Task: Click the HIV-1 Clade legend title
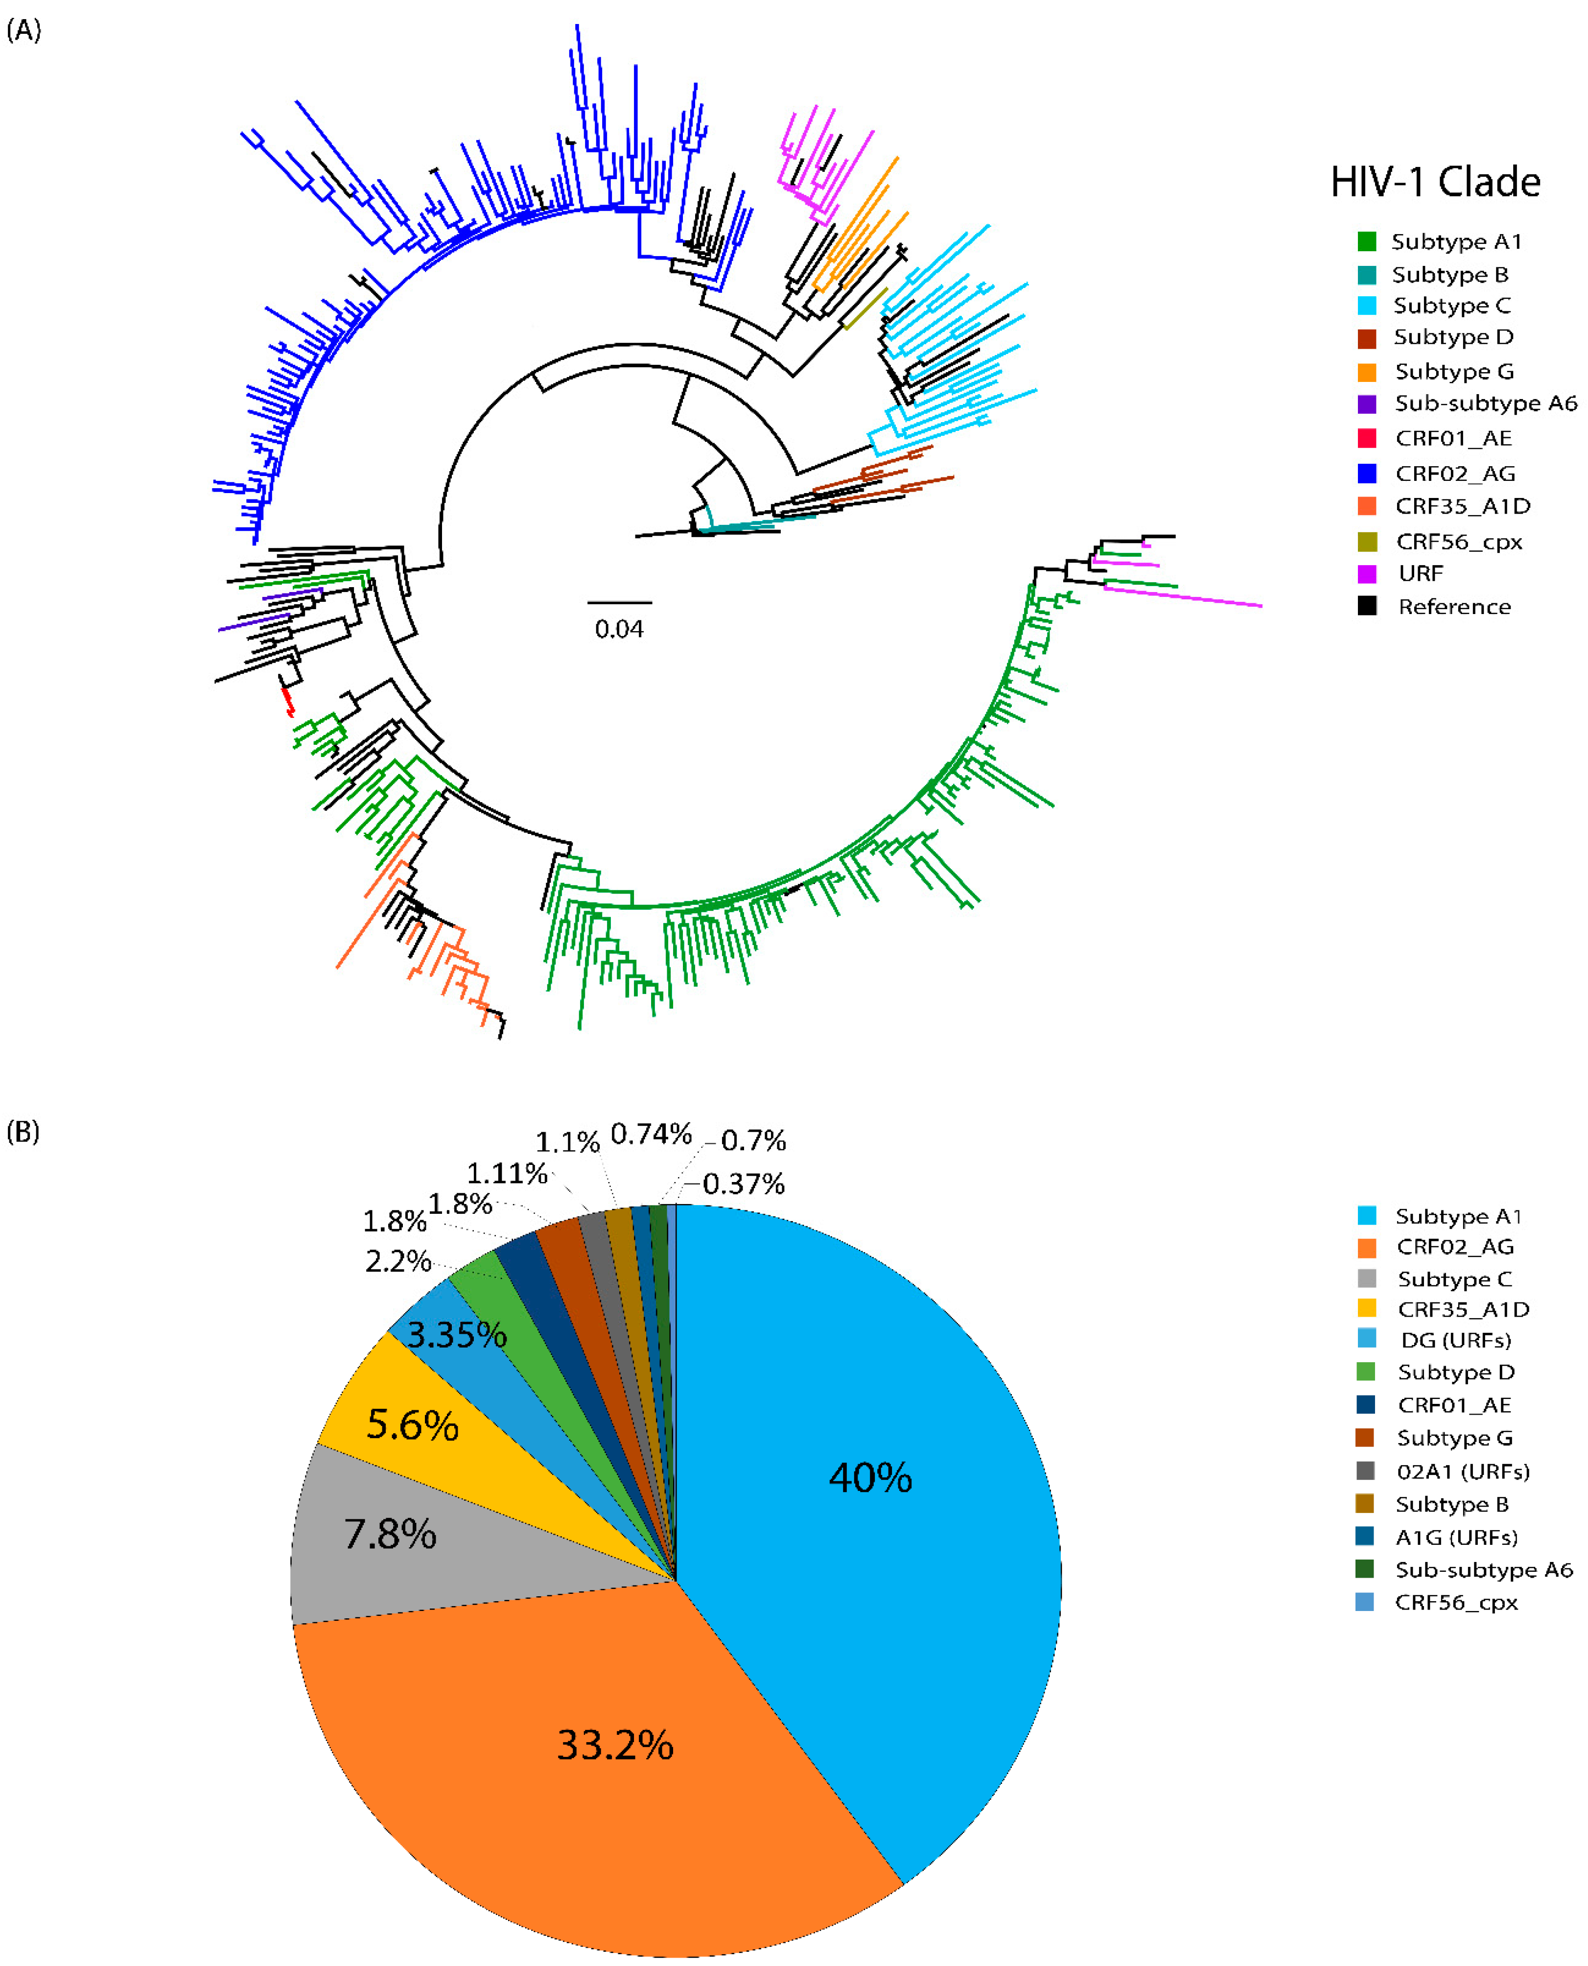(x=1434, y=182)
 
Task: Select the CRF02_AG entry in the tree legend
(x=1454, y=473)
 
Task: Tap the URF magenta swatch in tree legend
(x=1367, y=573)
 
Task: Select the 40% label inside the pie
(x=870, y=1477)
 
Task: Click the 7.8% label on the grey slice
(x=390, y=1534)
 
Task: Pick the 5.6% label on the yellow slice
(x=413, y=1424)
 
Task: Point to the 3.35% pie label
(x=456, y=1335)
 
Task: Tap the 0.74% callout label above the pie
(x=651, y=1135)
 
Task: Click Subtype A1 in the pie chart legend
(x=1458, y=1216)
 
